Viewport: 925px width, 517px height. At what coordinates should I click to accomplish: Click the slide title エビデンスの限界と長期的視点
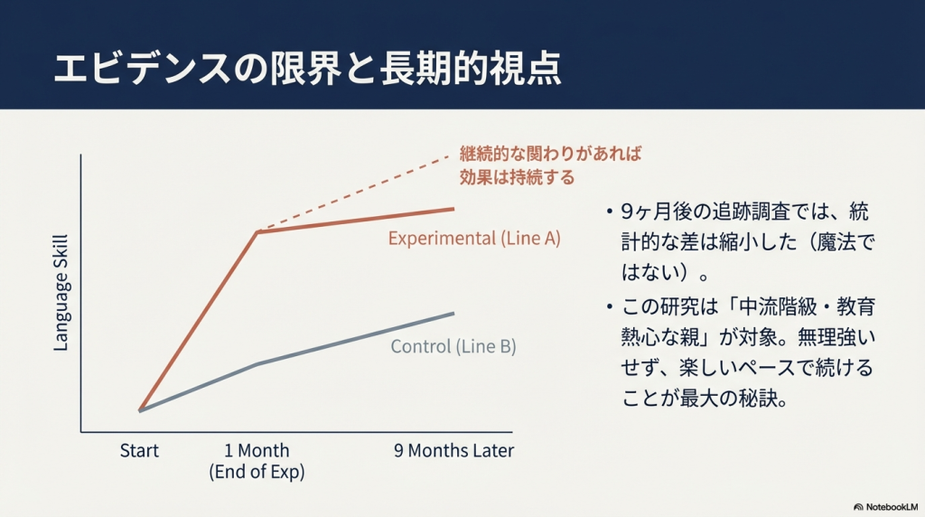pyautogui.click(x=307, y=69)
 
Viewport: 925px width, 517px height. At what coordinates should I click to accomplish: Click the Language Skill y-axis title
pyautogui.click(x=61, y=294)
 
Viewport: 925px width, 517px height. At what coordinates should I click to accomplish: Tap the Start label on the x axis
pyautogui.click(x=139, y=450)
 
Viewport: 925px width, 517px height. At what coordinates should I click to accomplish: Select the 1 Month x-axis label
pyautogui.click(x=257, y=450)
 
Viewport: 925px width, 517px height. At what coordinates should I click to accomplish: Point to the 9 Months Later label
pyautogui.click(x=453, y=450)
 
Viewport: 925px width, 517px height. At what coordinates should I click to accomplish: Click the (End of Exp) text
pyautogui.click(x=257, y=472)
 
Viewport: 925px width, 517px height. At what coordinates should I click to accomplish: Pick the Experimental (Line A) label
pyautogui.click(x=474, y=239)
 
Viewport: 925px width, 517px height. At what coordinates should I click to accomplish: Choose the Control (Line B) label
pyautogui.click(x=453, y=346)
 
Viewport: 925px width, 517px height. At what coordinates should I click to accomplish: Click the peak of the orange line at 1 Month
pyautogui.click(x=257, y=232)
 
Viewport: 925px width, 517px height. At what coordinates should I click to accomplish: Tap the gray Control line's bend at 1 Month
pyautogui.click(x=257, y=363)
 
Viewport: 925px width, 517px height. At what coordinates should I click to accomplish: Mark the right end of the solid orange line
pyautogui.click(x=453, y=208)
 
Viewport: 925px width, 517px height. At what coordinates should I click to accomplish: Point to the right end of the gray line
pyautogui.click(x=453, y=313)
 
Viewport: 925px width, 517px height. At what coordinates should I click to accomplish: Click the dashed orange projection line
pyautogui.click(x=354, y=193)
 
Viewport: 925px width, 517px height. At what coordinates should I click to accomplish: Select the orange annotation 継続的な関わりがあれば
pyautogui.click(x=550, y=154)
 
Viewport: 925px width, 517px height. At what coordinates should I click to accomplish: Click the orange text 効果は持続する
pyautogui.click(x=517, y=177)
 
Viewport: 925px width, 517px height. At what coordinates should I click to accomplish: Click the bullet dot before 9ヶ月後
pyautogui.click(x=610, y=211)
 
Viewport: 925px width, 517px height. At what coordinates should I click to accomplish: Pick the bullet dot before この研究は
pyautogui.click(x=610, y=307)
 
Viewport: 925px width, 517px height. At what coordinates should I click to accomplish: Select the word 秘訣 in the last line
pyautogui.click(x=758, y=399)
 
